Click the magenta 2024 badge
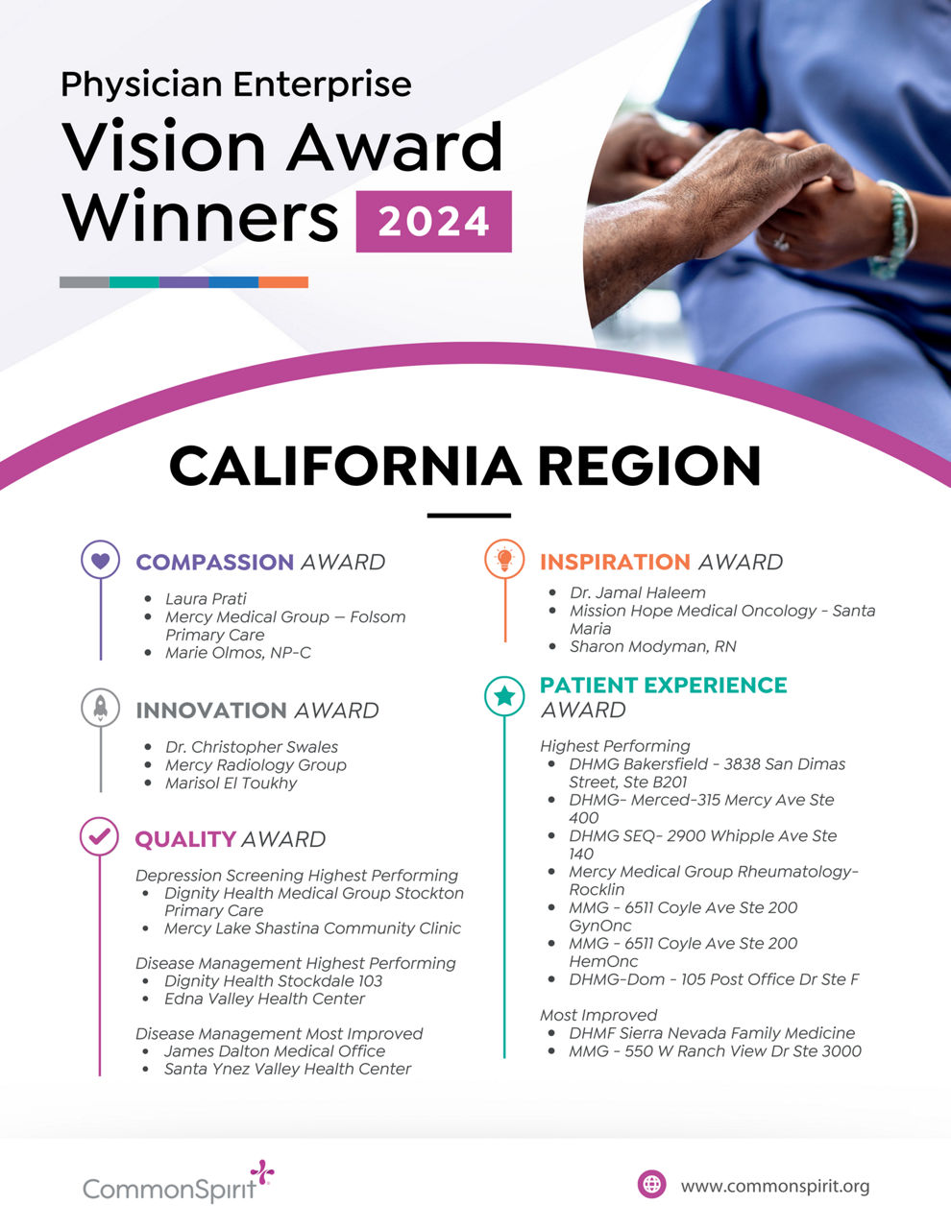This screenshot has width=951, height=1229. [433, 222]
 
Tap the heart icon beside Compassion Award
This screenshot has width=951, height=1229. [100, 560]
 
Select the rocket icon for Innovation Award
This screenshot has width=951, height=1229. [100, 709]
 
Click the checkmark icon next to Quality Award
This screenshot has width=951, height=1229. [99, 836]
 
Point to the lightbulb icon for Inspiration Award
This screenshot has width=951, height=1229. [504, 559]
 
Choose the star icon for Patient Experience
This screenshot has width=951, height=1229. [504, 696]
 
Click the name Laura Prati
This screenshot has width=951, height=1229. [206, 598]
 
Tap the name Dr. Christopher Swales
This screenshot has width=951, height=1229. [251, 747]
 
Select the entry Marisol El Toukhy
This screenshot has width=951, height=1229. [231, 783]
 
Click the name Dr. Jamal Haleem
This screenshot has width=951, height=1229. [637, 592]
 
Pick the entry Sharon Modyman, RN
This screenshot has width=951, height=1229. [652, 646]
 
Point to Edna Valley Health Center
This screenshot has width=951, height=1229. [264, 999]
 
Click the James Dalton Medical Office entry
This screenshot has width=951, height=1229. [274, 1050]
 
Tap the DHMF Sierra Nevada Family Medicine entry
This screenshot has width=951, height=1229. [711, 1033]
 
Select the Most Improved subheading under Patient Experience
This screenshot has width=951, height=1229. [598, 1015]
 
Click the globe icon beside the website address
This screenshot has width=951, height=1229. [651, 1184]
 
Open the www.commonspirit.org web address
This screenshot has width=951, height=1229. [774, 1186]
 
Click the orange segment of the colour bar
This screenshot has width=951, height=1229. [283, 282]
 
